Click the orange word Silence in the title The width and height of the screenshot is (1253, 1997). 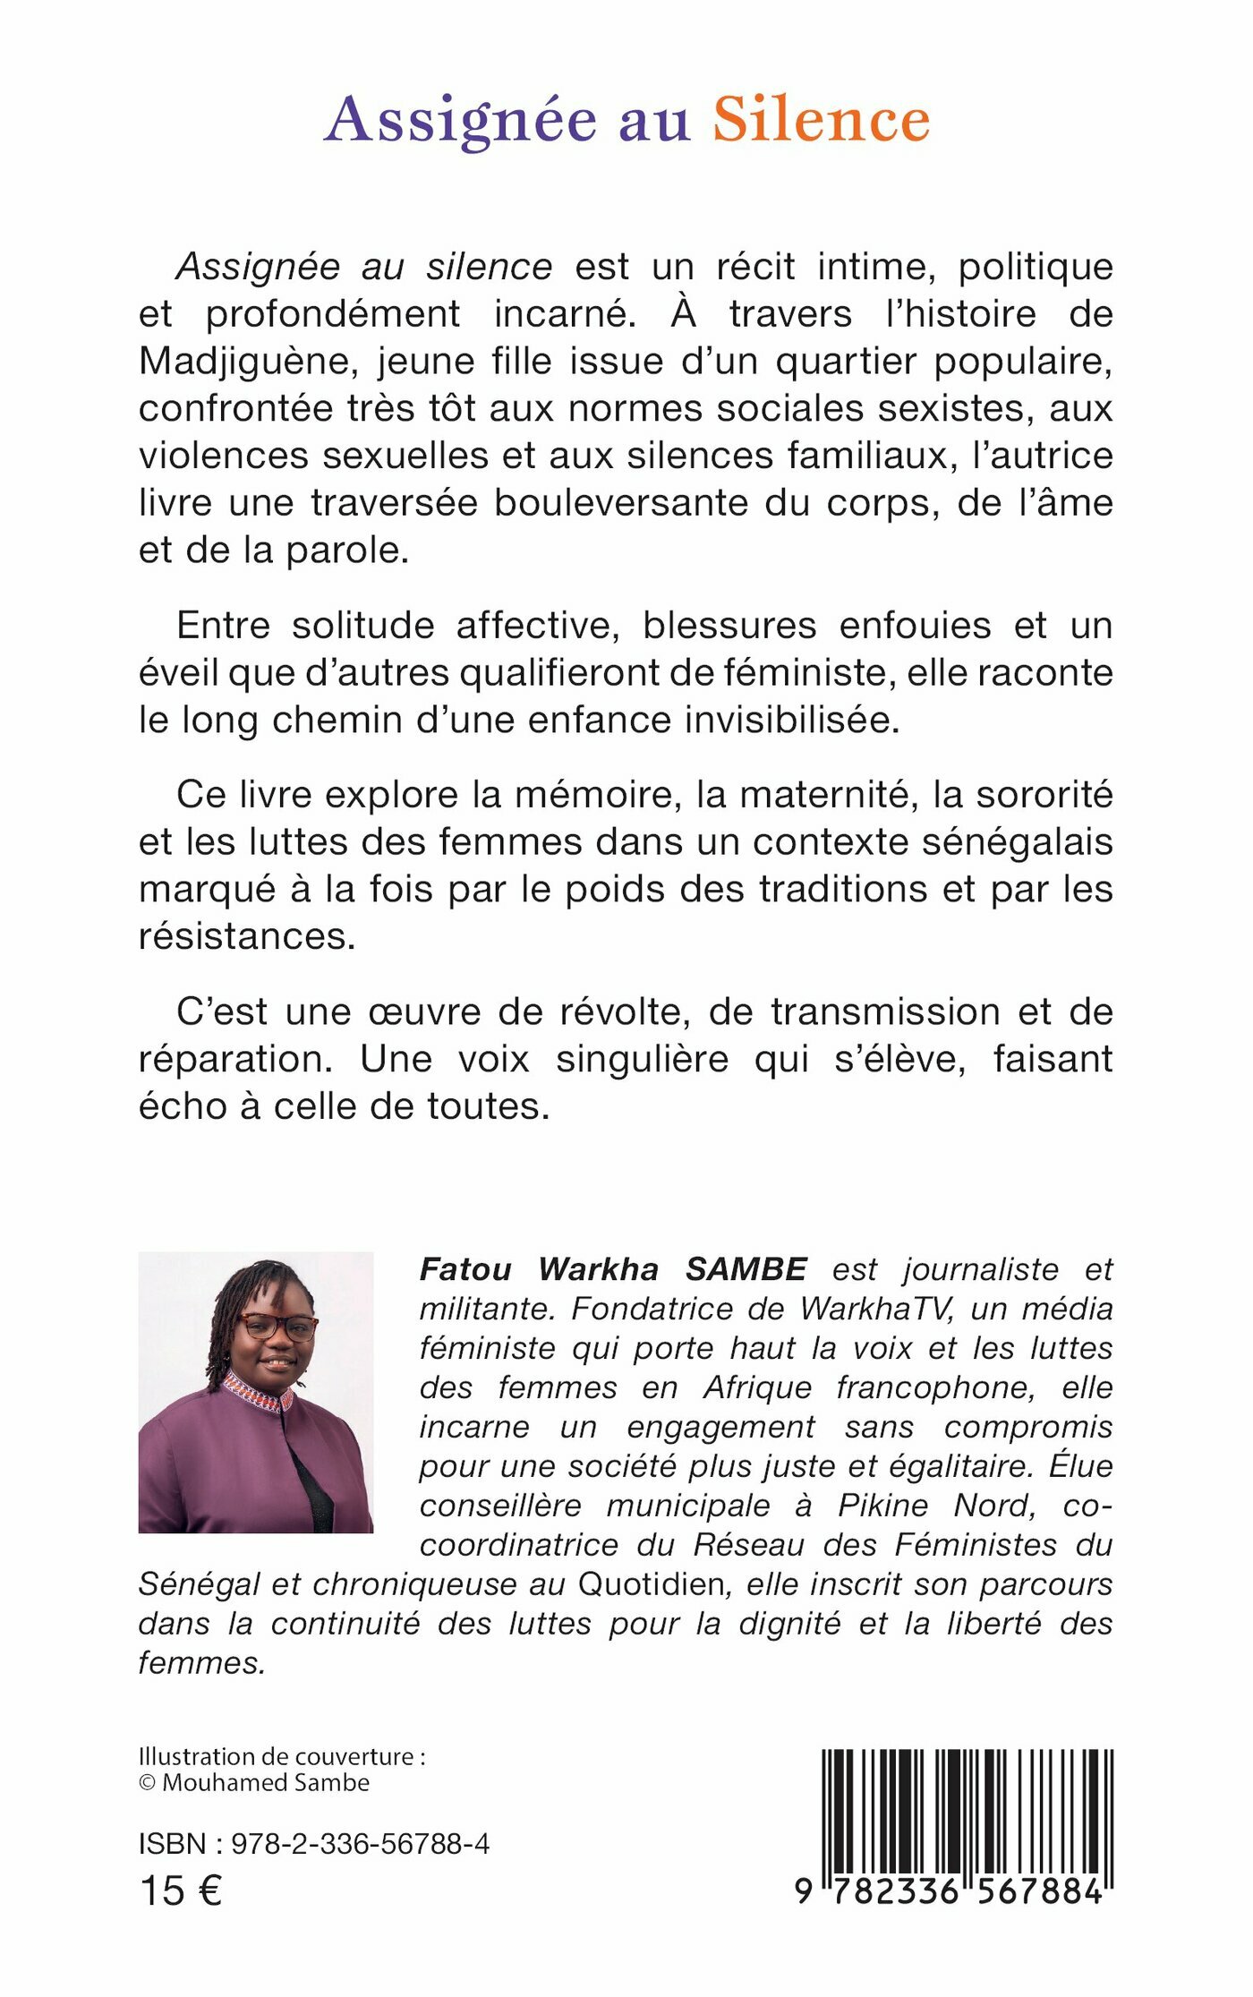point(821,120)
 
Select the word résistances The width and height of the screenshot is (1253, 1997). point(247,937)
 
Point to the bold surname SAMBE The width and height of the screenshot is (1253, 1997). point(746,1269)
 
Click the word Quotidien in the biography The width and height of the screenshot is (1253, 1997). point(651,1584)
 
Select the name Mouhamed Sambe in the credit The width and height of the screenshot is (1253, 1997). point(266,1782)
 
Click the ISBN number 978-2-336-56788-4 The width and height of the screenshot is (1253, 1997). point(360,1844)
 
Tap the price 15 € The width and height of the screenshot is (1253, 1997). point(181,1891)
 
